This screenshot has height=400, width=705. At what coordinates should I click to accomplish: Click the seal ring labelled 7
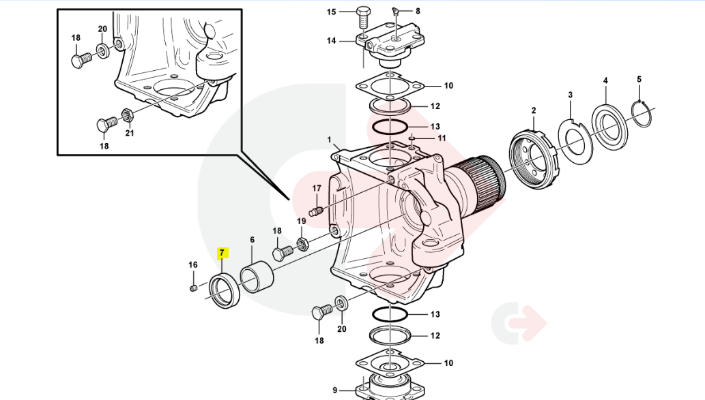(x=223, y=289)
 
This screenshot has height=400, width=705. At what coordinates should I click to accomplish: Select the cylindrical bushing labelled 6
(x=257, y=277)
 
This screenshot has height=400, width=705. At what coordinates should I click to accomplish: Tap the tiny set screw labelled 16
(x=193, y=288)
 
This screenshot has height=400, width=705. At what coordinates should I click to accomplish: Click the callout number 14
(x=332, y=41)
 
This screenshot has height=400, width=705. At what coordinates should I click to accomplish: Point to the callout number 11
(x=442, y=138)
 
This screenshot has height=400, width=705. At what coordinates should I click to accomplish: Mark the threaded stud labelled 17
(x=315, y=211)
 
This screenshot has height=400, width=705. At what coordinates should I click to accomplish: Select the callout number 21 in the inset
(x=129, y=133)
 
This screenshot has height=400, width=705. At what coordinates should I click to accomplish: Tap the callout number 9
(x=335, y=390)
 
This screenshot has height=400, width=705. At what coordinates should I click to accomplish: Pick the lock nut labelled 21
(x=126, y=114)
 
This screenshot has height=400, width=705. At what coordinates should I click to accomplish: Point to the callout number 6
(x=252, y=240)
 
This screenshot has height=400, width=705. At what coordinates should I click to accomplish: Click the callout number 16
(x=193, y=264)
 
